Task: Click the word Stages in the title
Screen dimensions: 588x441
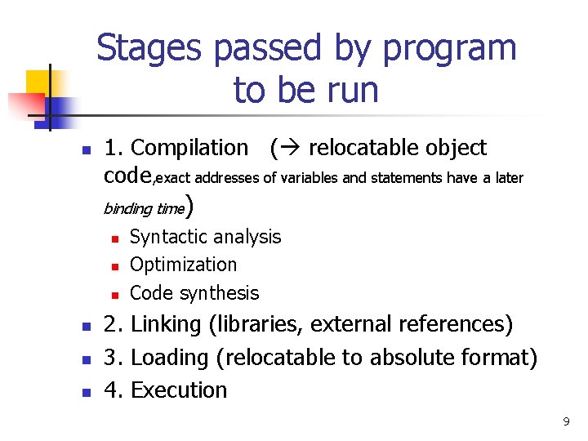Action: click(x=149, y=49)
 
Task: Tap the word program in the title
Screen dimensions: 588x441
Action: click(x=450, y=51)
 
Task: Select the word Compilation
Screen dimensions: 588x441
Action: click(x=189, y=147)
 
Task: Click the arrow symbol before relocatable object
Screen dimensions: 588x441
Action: click(x=291, y=147)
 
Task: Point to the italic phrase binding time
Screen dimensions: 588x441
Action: click(x=145, y=208)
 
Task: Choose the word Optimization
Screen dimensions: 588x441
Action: click(x=184, y=265)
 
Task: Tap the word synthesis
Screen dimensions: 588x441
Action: click(x=220, y=293)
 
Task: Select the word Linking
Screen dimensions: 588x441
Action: click(x=166, y=324)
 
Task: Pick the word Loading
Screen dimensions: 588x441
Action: click(x=170, y=358)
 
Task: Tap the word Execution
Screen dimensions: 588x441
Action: click(x=179, y=390)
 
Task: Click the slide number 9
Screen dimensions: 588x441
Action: click(x=566, y=421)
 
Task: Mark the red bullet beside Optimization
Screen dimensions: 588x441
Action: click(x=115, y=267)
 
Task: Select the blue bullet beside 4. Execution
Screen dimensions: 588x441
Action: click(x=87, y=392)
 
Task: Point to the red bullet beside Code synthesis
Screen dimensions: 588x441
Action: click(x=115, y=295)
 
